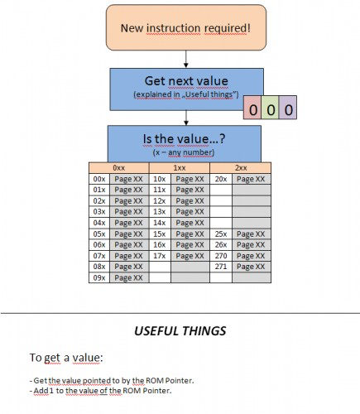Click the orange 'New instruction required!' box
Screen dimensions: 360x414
pos(186,27)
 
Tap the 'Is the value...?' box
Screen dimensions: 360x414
pos(185,144)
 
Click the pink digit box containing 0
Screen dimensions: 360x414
pos(252,108)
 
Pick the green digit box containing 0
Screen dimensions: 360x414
pos(270,108)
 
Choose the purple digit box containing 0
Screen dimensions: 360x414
pos(288,108)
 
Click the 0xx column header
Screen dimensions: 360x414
pos(119,168)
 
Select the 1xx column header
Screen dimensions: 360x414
pos(180,168)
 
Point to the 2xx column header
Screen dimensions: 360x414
pos(241,168)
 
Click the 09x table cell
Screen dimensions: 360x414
pos(99,277)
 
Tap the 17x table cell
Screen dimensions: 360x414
pos(160,256)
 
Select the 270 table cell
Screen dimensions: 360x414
pos(221,256)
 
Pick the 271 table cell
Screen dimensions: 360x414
pos(221,267)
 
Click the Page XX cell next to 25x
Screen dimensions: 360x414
pos(252,234)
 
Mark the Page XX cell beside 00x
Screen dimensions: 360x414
pos(129,179)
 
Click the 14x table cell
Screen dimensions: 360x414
pos(160,223)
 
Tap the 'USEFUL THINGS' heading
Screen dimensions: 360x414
pos(180,331)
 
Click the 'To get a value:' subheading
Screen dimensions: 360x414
pos(66,358)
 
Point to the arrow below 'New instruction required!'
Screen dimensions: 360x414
pos(186,59)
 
